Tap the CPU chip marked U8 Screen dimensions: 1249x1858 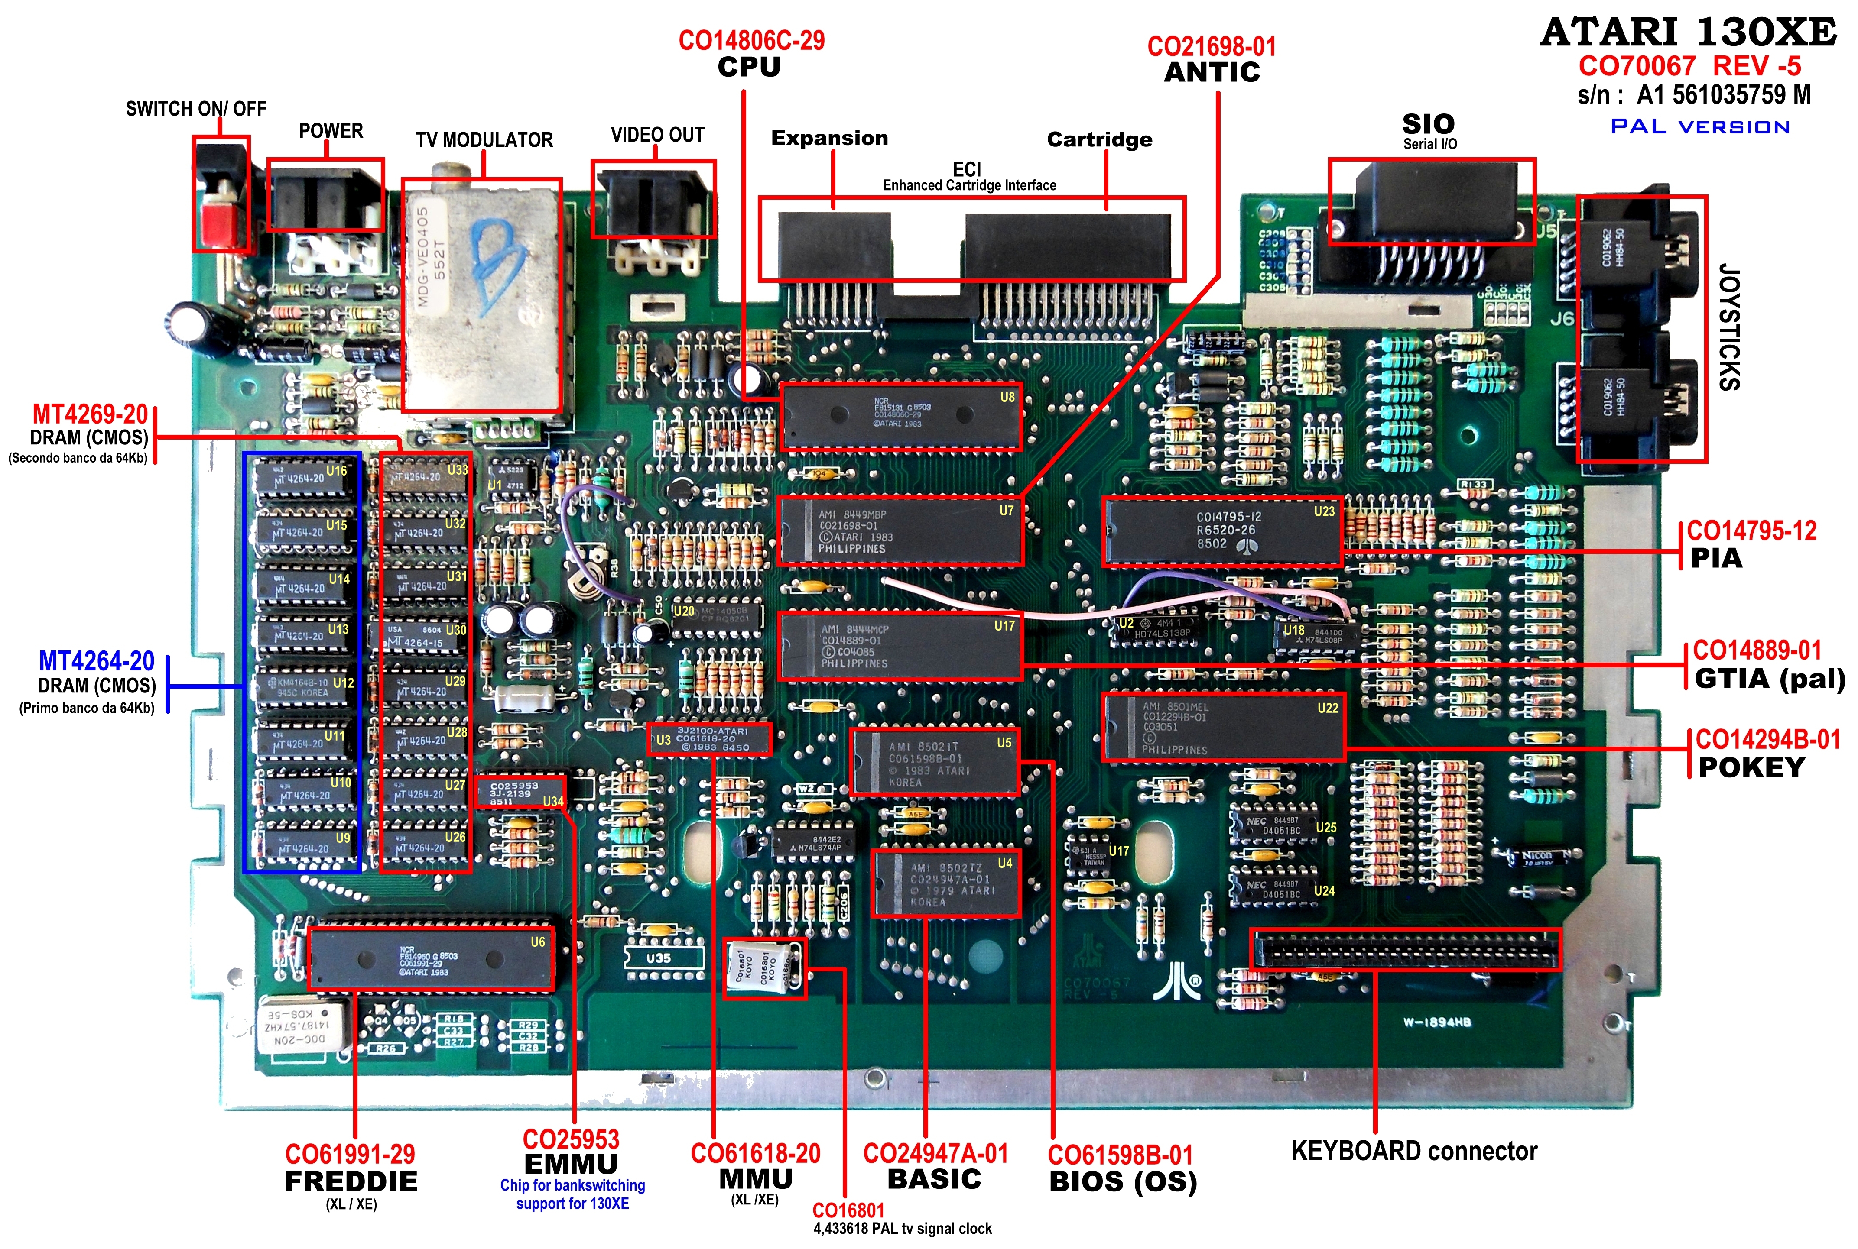click(x=900, y=416)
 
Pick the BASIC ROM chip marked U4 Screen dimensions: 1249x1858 click(x=946, y=884)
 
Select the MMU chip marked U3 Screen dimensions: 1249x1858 click(x=710, y=739)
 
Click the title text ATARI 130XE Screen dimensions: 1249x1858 click(x=1689, y=32)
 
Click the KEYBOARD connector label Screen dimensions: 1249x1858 click(x=1414, y=1151)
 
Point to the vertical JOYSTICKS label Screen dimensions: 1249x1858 click(x=1729, y=327)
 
